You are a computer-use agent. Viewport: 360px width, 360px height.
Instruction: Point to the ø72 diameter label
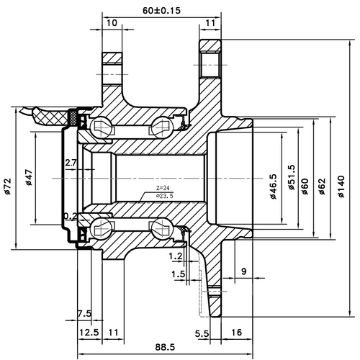tap(6, 186)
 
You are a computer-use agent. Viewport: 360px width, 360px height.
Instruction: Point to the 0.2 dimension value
tap(71, 215)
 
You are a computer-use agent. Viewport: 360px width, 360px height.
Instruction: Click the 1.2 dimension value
tap(174, 256)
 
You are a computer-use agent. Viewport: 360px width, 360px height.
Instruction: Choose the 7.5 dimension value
tap(84, 313)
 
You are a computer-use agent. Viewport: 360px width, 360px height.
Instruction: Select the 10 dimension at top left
tap(110, 24)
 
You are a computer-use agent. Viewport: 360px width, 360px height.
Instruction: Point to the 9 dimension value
tap(245, 271)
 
